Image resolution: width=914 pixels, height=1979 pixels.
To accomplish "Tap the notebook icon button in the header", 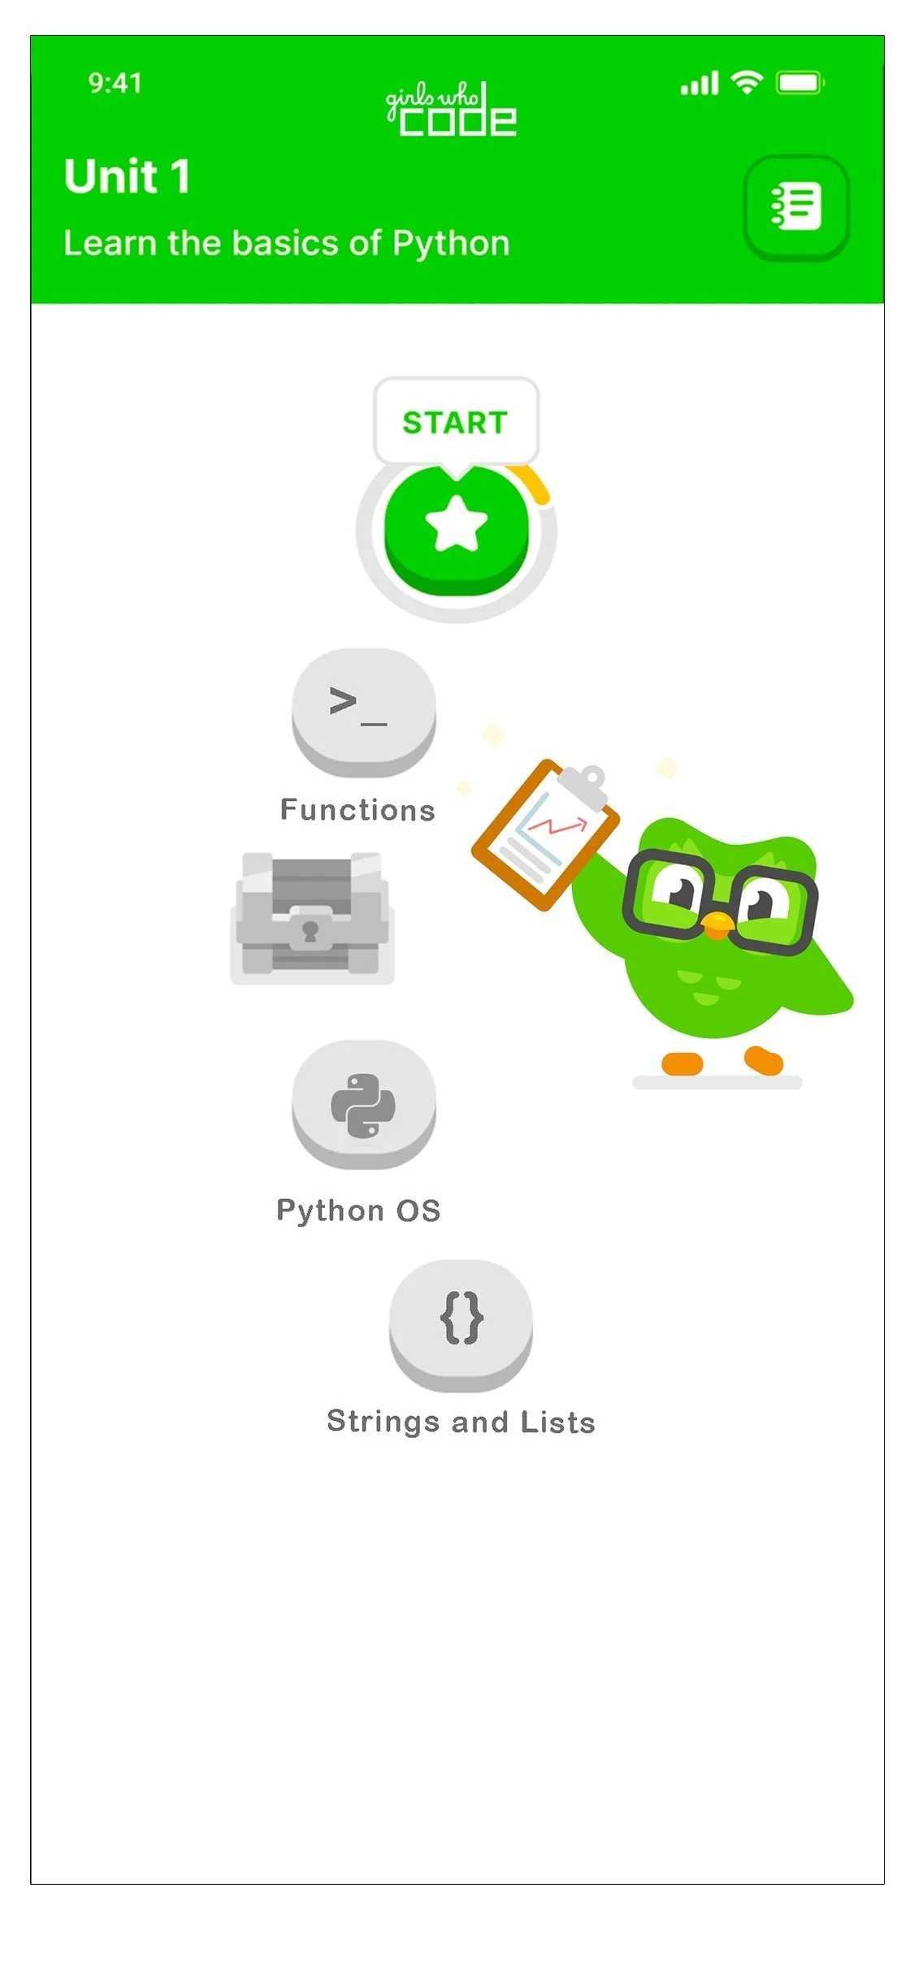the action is [795, 207].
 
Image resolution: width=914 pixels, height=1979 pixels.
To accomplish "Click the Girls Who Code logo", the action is [451, 110].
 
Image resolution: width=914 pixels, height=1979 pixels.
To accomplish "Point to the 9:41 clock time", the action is [115, 83].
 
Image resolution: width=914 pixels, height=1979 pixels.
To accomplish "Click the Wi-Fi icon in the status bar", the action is [746, 82].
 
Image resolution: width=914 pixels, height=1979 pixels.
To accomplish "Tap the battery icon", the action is [800, 82].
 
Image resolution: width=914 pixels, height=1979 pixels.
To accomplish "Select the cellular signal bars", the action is [700, 83].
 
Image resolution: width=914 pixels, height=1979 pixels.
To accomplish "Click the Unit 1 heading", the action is [128, 176].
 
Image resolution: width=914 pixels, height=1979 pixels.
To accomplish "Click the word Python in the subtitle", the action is [451, 244].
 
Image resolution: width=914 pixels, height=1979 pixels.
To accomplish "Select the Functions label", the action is [357, 810].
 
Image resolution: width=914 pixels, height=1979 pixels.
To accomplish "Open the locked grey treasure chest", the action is [312, 917].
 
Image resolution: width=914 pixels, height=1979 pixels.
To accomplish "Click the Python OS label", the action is [358, 1210].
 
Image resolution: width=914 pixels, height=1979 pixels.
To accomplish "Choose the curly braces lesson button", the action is [461, 1319].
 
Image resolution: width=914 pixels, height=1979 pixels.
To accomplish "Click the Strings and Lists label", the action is [461, 1422].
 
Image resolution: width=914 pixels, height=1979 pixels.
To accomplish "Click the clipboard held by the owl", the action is [546, 833].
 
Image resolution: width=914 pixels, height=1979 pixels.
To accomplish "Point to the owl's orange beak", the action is [716, 923].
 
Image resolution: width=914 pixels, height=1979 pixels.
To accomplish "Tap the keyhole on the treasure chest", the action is [310, 931].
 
